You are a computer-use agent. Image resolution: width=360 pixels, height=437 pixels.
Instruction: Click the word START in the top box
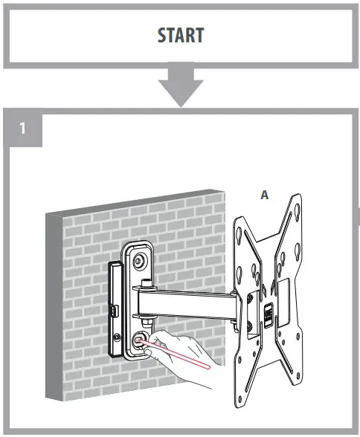click(179, 36)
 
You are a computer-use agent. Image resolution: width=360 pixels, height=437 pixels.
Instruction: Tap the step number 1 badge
click(23, 128)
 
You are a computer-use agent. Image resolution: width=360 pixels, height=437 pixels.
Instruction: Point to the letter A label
click(263, 195)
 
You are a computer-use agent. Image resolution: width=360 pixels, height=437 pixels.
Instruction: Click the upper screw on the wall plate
click(139, 260)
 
